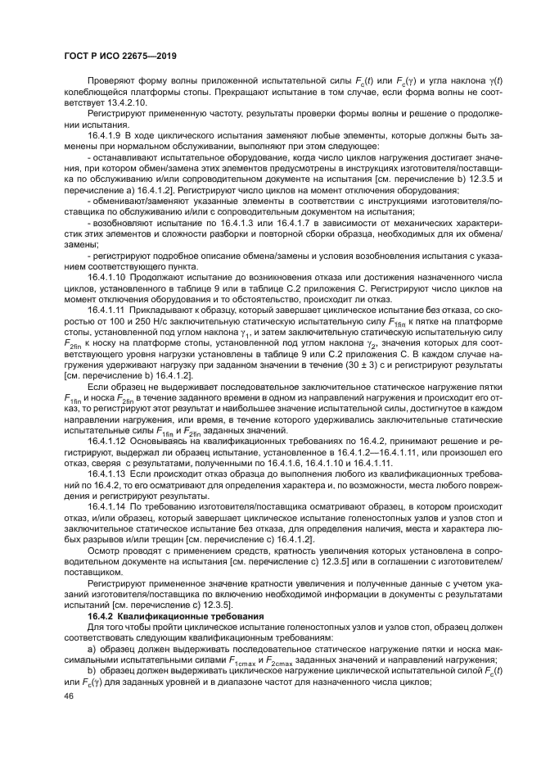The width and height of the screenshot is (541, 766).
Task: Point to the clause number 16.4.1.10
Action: pos(109,279)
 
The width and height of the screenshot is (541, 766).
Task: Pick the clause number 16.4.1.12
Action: pos(109,440)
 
